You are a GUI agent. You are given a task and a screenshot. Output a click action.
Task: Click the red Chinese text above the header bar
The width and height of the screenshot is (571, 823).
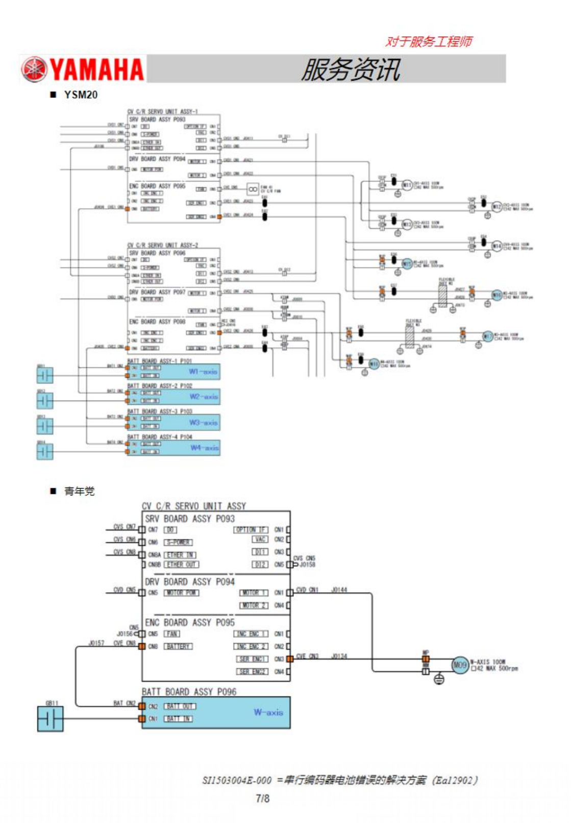tap(428, 41)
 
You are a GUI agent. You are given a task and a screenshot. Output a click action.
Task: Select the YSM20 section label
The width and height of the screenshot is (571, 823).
tap(81, 94)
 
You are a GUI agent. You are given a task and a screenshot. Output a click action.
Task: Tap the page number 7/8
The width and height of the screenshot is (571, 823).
tap(262, 798)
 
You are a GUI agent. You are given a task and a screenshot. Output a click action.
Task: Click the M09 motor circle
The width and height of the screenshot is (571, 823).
tap(460, 665)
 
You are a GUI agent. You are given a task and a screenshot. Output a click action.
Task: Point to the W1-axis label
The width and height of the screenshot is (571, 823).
tap(203, 371)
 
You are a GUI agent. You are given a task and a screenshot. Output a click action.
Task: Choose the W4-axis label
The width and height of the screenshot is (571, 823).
tap(204, 448)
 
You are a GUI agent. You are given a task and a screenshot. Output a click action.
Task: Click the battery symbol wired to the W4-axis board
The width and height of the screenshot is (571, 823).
tap(45, 451)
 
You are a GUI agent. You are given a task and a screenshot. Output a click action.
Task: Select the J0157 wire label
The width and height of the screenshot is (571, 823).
tap(96, 643)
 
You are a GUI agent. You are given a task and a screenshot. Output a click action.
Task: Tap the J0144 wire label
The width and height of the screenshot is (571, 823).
tap(339, 590)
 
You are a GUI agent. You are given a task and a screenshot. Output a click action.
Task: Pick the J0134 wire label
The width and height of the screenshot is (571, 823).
tap(339, 656)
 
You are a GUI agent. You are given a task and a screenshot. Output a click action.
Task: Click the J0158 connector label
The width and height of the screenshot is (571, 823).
tap(307, 565)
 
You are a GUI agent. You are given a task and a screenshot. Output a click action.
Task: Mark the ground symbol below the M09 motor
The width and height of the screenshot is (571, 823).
tap(439, 680)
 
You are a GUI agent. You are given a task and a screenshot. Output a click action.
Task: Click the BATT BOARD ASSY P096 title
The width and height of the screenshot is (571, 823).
tap(189, 691)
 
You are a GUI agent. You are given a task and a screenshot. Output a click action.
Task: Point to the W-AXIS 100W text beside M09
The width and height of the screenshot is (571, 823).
tap(487, 662)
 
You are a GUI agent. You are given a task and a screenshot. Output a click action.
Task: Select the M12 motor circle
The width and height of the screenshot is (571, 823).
tap(496, 207)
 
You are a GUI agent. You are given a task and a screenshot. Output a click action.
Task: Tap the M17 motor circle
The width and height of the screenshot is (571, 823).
tap(488, 336)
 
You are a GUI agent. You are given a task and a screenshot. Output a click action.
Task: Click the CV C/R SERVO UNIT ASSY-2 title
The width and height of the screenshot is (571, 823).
tap(162, 245)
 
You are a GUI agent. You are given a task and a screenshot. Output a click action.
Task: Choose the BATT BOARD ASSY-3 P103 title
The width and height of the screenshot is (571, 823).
tap(159, 411)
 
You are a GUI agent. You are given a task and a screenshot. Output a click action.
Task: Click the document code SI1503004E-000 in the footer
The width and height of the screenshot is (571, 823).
tap(237, 780)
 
